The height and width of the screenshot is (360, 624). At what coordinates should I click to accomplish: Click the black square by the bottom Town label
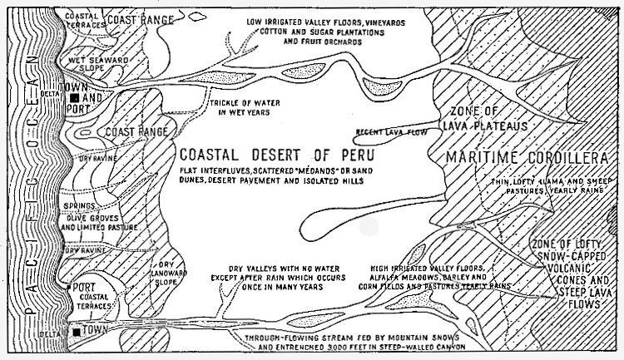(x=77, y=333)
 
